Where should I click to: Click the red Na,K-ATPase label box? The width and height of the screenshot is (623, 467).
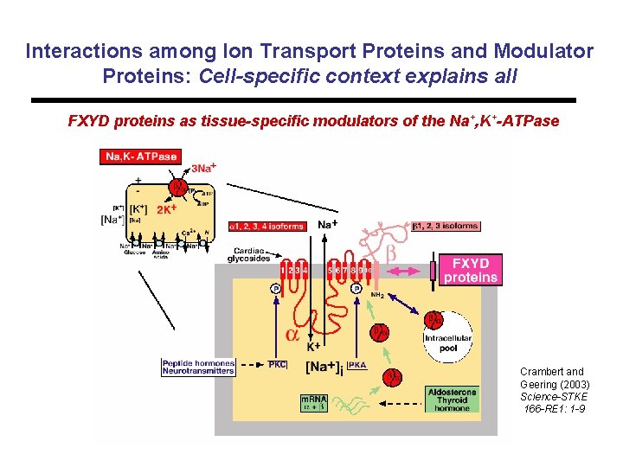tap(141, 157)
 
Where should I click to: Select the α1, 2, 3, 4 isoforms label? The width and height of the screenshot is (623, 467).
tap(267, 227)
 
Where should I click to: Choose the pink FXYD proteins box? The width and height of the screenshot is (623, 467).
tap(471, 270)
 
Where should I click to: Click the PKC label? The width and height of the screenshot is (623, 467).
tap(278, 364)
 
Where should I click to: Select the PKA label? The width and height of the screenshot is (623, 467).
tap(356, 364)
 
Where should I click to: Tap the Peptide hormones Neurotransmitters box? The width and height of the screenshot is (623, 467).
tap(198, 367)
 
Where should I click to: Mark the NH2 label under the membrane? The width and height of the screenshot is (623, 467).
tap(377, 295)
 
